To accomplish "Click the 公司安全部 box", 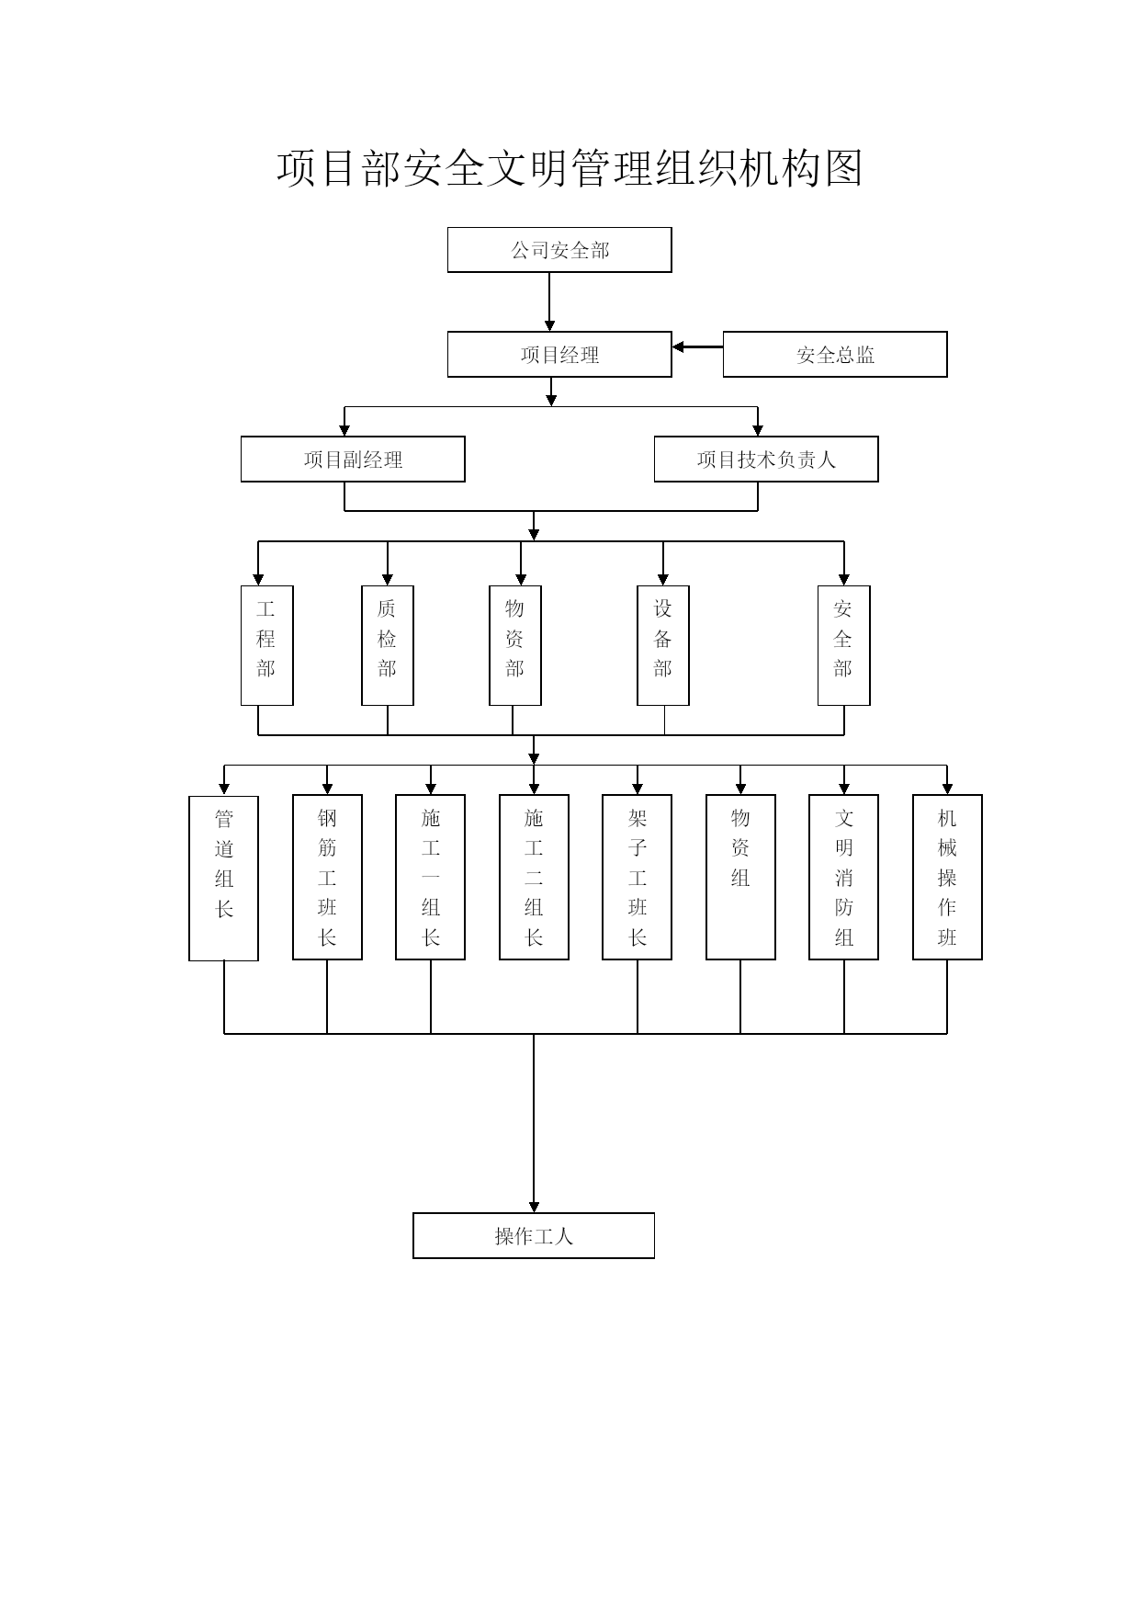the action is (559, 250).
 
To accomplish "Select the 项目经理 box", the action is (559, 355).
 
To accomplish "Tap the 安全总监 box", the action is (835, 355).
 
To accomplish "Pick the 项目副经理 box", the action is (353, 460).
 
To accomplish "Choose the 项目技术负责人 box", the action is (766, 460).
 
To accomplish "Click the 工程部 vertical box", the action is (267, 646).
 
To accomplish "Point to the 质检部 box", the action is (388, 646).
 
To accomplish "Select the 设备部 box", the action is (663, 646).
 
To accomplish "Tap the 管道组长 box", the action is (223, 879).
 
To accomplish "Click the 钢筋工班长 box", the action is (327, 878).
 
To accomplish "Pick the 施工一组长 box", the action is (431, 878).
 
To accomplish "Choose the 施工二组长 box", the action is (534, 878).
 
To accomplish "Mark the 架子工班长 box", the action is (638, 878).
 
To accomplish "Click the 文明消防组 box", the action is (844, 878).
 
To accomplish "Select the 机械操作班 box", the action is (947, 878).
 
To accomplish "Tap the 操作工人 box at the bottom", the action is (534, 1236).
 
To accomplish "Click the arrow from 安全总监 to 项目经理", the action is (698, 347).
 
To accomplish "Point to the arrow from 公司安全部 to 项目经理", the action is (550, 302).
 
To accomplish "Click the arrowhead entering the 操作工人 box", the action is (534, 1207).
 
